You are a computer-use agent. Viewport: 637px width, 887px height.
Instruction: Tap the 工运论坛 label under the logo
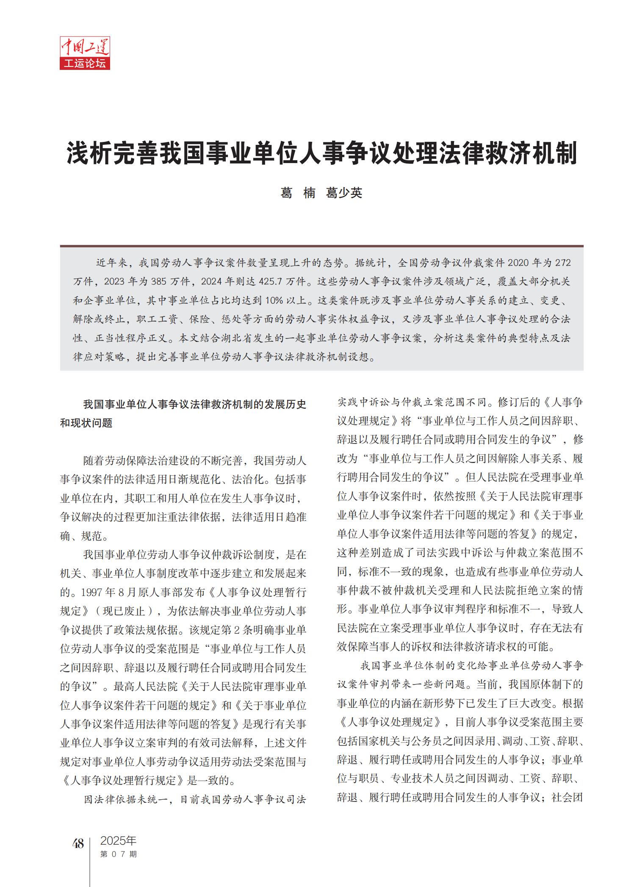tap(85, 64)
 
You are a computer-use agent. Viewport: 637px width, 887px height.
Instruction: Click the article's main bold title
tap(322, 154)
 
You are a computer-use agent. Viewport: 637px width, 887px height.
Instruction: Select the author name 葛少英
tap(344, 193)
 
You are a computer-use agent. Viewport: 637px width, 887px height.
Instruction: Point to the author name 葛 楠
tap(298, 193)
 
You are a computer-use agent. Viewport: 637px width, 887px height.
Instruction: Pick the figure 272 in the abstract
tap(563, 263)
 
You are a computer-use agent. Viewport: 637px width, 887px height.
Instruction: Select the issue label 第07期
tap(118, 854)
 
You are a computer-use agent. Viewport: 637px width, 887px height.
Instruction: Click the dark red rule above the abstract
tap(321, 246)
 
